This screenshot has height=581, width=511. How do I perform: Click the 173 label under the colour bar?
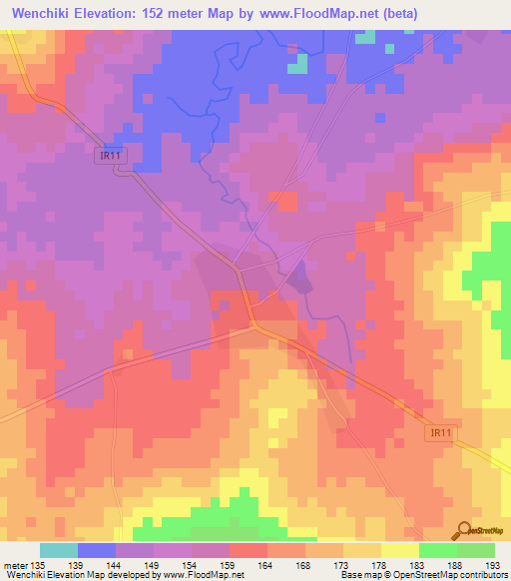343,566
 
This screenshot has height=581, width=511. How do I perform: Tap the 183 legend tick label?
419,566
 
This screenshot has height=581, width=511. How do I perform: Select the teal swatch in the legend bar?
59,550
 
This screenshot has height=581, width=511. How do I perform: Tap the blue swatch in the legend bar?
97,550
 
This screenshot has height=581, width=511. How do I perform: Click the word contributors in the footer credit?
483,575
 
